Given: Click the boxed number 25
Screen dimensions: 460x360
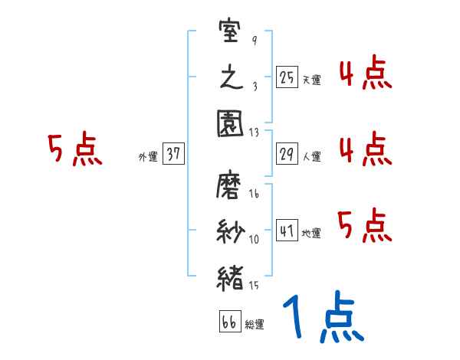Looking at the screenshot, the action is click(287, 77).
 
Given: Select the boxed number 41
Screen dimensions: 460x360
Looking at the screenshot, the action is click(287, 231).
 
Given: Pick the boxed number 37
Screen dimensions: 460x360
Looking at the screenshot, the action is click(173, 154).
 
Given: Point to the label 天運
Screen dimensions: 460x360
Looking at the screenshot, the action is click(311, 80).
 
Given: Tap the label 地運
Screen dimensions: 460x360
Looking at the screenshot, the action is click(311, 233).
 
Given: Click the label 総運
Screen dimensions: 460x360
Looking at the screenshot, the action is click(255, 325).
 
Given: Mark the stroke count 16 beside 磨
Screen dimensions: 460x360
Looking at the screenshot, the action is click(255, 195).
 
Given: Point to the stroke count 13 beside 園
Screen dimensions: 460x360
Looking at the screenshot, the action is click(255, 132).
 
